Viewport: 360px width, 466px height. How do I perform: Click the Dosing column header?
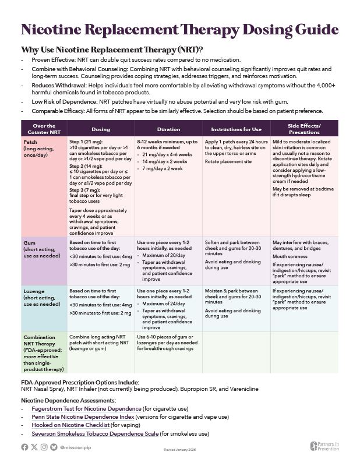[101, 129]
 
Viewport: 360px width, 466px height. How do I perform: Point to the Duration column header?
[169, 129]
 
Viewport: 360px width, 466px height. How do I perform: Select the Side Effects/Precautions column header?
[305, 129]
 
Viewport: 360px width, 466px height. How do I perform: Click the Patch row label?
[30, 142]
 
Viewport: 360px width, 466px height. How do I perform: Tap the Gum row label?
[29, 242]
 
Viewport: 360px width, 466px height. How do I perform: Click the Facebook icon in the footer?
[24, 447]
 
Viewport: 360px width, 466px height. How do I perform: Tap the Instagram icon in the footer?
[45, 447]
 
